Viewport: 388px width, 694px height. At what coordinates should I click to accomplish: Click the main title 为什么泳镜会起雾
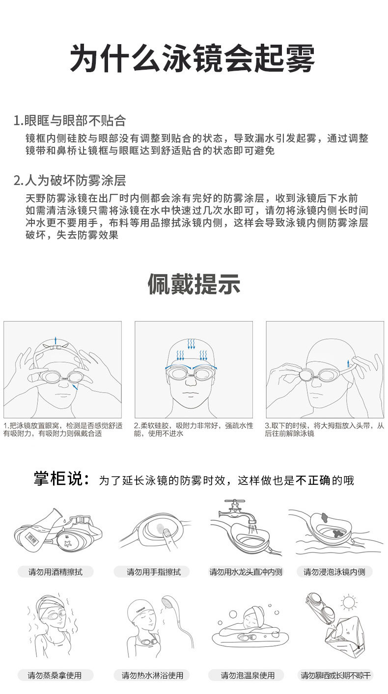(193, 59)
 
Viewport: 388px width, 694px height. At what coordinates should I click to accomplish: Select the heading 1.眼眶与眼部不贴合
(70, 120)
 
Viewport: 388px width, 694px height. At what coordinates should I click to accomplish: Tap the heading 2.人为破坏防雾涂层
(70, 181)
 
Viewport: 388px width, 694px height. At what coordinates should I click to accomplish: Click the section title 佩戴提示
(194, 285)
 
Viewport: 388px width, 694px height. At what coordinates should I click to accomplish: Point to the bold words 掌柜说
(61, 479)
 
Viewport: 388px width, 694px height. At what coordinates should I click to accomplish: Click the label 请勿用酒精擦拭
(55, 572)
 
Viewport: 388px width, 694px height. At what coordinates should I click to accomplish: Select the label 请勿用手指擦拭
(154, 572)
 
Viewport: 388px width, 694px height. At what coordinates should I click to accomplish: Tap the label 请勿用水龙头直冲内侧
(246, 572)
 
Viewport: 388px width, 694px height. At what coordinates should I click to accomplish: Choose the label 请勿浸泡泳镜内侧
(334, 572)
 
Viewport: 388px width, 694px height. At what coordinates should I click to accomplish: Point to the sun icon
(349, 602)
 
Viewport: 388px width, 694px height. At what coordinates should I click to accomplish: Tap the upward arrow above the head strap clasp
(56, 340)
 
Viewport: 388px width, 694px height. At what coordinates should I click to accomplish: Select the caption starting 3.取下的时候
(324, 429)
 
